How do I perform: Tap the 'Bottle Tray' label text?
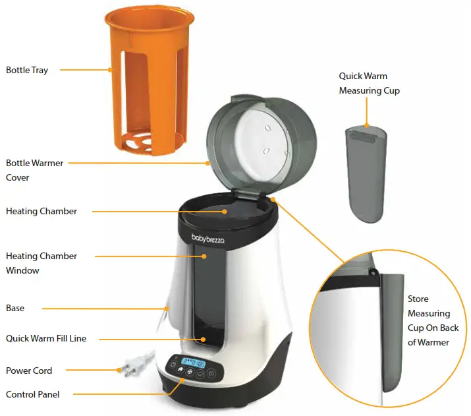click(27, 70)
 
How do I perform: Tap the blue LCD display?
click(194, 363)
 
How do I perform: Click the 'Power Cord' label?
click(29, 371)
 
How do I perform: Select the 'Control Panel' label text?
click(32, 394)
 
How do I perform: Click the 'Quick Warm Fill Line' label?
click(46, 338)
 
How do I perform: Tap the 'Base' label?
click(15, 308)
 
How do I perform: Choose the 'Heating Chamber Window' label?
click(42, 263)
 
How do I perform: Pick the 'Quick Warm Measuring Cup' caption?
click(369, 83)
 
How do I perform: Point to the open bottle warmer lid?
click(263, 142)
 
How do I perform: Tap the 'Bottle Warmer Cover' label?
click(35, 169)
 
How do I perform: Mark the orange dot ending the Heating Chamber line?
click(225, 212)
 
